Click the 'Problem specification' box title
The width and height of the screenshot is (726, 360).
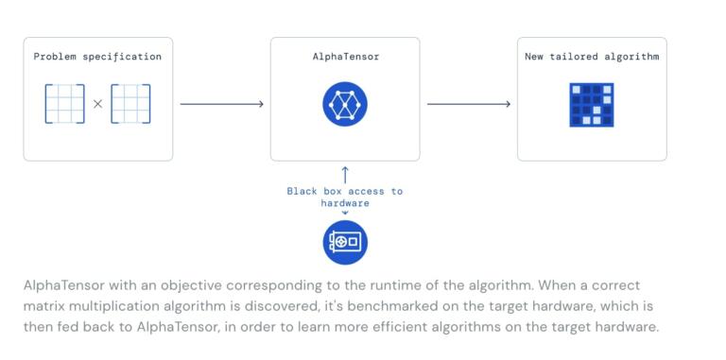97,57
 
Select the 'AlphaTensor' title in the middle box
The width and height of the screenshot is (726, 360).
344,57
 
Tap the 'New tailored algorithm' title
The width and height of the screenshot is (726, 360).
592,57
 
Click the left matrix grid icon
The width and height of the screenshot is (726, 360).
64,104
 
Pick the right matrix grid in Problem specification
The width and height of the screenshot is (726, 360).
130,104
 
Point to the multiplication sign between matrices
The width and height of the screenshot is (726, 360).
97,104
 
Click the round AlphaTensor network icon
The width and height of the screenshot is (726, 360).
344,104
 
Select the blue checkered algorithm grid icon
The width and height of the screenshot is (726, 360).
592,105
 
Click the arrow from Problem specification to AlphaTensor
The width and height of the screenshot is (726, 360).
221,104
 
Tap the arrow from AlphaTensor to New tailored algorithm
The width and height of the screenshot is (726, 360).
468,104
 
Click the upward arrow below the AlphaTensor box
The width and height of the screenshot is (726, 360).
344,174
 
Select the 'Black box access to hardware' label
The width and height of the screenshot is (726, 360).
344,197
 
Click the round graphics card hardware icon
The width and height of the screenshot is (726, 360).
344,242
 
